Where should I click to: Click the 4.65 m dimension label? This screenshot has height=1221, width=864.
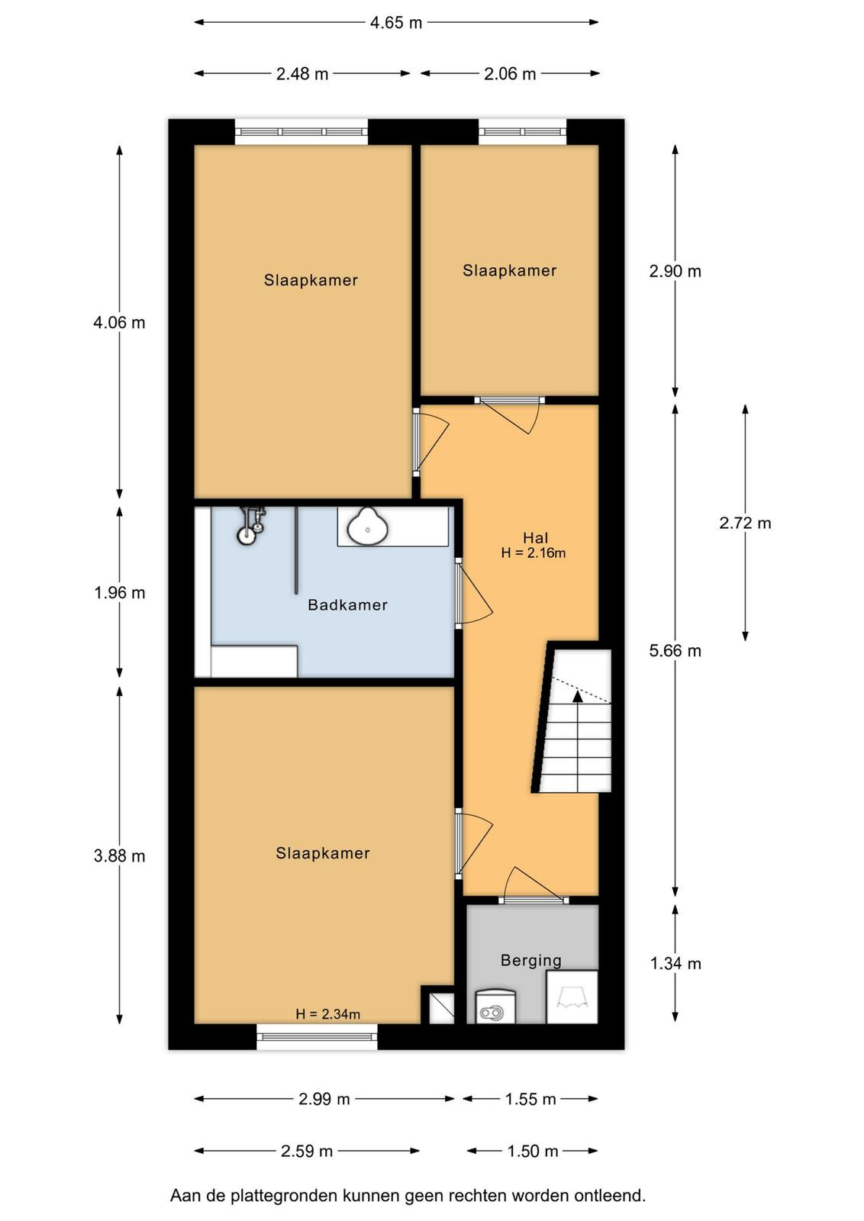coord(396,23)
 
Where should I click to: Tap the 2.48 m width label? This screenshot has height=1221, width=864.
coord(302,73)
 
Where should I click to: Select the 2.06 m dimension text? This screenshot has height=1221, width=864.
coord(510,73)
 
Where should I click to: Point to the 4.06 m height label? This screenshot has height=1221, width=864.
coord(119,323)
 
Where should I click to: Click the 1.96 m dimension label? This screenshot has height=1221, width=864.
coord(119,592)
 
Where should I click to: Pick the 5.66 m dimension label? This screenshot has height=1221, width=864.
coord(675,650)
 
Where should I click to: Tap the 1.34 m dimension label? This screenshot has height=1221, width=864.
coord(675,964)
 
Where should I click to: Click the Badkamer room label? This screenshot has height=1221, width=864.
coord(348,604)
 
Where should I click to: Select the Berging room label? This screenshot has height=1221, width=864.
coord(531,961)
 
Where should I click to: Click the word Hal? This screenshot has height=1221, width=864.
coord(535,538)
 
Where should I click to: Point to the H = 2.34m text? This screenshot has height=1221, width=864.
coord(327,1014)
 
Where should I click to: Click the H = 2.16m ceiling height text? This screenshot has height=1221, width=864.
coord(534,553)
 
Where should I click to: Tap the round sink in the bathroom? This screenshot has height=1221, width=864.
coord(368,526)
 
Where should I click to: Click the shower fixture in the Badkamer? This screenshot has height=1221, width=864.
coord(251,524)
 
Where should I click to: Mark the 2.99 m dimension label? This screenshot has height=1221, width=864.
coord(324,1099)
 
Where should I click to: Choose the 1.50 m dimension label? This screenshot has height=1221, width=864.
coord(533,1152)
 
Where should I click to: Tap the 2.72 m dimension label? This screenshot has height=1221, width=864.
coord(745,524)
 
